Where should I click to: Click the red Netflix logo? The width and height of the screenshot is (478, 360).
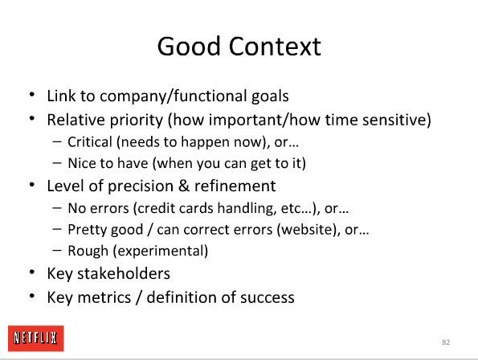36,338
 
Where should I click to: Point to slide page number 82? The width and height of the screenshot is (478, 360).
446,342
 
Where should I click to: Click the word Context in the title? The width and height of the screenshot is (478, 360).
275,47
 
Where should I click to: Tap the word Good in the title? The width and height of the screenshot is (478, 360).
189,47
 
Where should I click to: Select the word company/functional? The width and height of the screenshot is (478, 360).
174,96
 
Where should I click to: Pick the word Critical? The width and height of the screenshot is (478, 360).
90,141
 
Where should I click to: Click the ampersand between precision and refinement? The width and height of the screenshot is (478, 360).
184,186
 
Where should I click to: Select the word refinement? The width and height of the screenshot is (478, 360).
235,186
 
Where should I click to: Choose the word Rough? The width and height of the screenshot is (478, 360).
88,251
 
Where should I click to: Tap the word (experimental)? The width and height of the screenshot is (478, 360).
161,251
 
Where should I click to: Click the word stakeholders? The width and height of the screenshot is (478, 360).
124,273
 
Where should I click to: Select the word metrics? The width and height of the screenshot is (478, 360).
104,297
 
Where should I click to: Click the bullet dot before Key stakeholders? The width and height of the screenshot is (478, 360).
32,272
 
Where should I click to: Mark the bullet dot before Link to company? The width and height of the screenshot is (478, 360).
32,94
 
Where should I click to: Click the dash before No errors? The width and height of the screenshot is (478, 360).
57,207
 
